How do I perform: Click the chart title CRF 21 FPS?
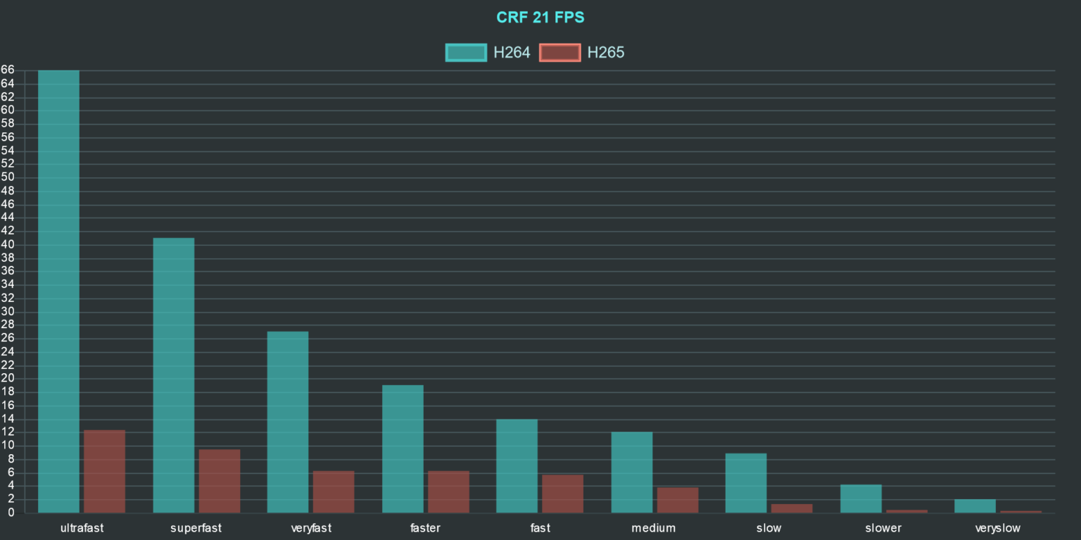(x=540, y=18)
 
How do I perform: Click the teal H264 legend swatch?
(x=466, y=53)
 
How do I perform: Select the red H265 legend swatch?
(x=560, y=53)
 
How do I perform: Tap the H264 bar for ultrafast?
(x=59, y=291)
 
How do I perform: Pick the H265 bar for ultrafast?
(x=105, y=472)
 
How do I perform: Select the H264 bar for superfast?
(x=174, y=375)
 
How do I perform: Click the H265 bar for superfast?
(x=220, y=481)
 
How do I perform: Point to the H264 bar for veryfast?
(x=288, y=422)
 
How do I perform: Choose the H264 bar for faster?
(x=403, y=448)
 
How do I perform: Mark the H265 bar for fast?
(x=563, y=494)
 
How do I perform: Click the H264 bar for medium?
(x=632, y=472)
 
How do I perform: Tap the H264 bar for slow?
(x=746, y=483)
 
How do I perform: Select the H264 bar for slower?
(x=861, y=498)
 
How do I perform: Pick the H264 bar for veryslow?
(x=975, y=506)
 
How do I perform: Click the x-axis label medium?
(x=653, y=528)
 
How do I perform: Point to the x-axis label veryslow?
(x=997, y=528)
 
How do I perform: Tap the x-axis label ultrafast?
(x=82, y=528)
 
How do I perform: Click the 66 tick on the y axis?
(x=8, y=70)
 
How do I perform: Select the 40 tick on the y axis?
(x=8, y=245)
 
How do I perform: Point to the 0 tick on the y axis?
(x=11, y=513)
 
